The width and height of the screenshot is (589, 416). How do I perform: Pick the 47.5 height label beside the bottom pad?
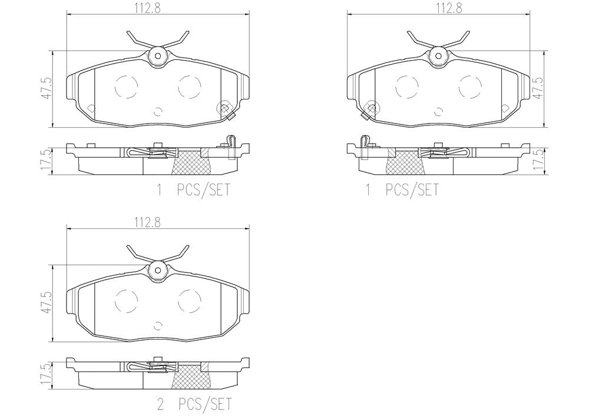point(46,303)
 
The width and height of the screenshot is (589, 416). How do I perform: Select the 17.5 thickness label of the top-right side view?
point(540,161)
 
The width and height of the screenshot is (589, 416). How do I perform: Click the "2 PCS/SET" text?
point(194,404)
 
